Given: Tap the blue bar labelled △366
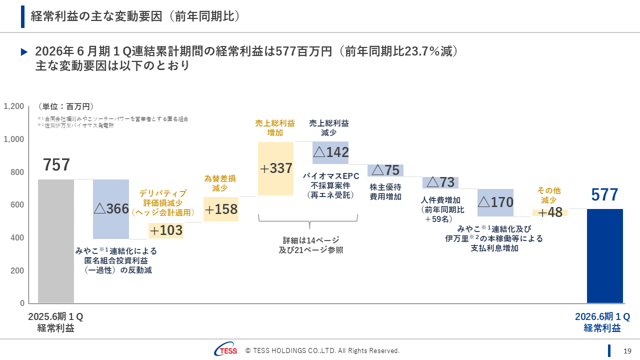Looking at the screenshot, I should pyautogui.click(x=111, y=209).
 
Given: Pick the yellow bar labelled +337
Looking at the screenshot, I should pyautogui.click(x=275, y=168).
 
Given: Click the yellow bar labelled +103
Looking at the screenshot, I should pyautogui.click(x=166, y=230).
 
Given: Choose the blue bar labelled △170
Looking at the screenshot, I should pyautogui.click(x=495, y=202).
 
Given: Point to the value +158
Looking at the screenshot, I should pyautogui.click(x=220, y=209).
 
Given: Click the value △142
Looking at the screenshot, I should pyautogui.click(x=330, y=152).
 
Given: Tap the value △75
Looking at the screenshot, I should pyautogui.click(x=385, y=170).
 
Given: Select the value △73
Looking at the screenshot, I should pyautogui.click(x=440, y=182).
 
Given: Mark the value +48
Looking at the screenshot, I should pyautogui.click(x=550, y=212).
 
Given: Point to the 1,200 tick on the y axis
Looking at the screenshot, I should pyautogui.click(x=14, y=106).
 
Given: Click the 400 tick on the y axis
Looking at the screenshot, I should pyautogui.click(x=18, y=238).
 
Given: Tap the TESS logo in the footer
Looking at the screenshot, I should pyautogui.click(x=226, y=351).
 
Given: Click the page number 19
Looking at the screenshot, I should pyautogui.click(x=627, y=351).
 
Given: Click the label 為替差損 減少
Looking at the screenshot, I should pyautogui.click(x=220, y=183).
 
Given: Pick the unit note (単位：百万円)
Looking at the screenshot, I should pyautogui.click(x=66, y=106).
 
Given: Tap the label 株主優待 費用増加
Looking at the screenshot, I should pyautogui.click(x=385, y=191).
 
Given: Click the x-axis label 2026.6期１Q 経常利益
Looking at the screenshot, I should pyautogui.click(x=602, y=322).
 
